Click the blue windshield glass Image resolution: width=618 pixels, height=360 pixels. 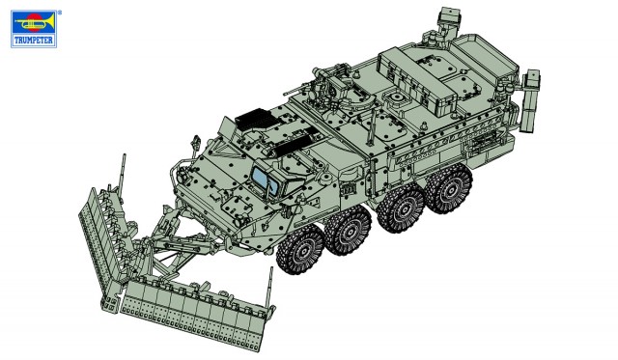(265, 176)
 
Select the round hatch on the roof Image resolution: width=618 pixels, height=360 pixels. (395, 99)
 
